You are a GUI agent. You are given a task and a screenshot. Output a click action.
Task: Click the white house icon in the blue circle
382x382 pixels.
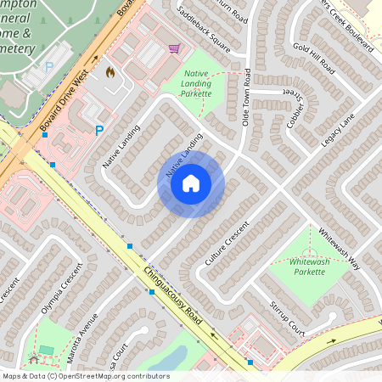click(x=191, y=183)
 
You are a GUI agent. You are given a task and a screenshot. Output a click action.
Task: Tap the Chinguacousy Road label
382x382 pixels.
click(x=173, y=297)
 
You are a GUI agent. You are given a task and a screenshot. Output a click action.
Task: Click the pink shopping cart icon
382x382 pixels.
click(x=175, y=49)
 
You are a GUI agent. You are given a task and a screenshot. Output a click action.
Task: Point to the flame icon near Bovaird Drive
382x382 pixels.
click(x=110, y=73)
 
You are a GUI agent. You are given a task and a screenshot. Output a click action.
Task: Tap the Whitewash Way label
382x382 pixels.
click(x=340, y=248)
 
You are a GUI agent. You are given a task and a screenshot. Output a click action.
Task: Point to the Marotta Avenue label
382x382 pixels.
click(x=82, y=334)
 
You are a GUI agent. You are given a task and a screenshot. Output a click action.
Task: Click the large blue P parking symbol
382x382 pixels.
click(x=99, y=131)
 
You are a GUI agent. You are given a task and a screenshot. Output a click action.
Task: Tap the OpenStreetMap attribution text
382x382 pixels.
click(x=85, y=376)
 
